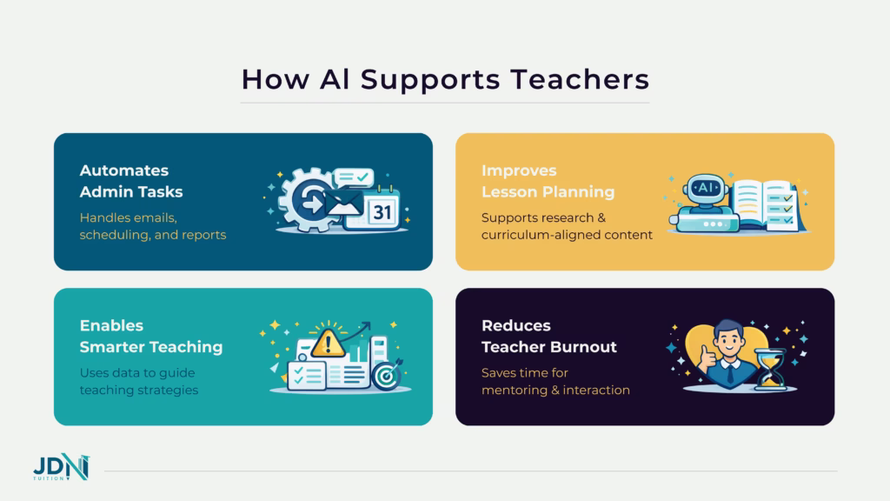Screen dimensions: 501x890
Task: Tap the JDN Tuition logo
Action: click(61, 471)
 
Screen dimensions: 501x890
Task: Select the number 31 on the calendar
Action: click(382, 211)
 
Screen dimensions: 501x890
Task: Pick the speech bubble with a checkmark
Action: click(352, 178)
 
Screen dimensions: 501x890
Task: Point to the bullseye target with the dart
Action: click(386, 374)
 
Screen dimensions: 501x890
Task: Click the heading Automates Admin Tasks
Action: click(131, 181)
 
